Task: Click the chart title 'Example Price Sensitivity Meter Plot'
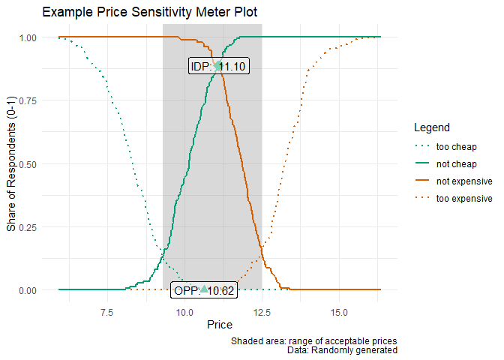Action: pyautogui.click(x=150, y=13)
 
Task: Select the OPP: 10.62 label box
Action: pyautogui.click(x=204, y=291)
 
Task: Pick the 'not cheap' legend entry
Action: pyautogui.click(x=456, y=163)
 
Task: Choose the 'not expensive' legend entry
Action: pyautogui.click(x=463, y=181)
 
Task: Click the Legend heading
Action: pyautogui.click(x=431, y=127)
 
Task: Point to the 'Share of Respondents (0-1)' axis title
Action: pyautogui.click(x=11, y=163)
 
